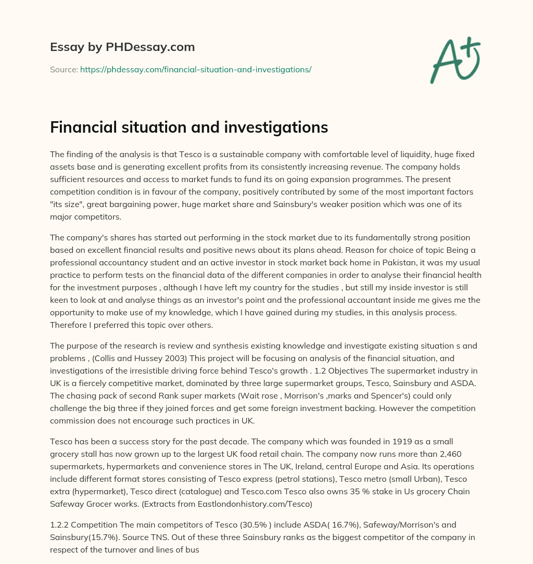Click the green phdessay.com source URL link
[196, 69]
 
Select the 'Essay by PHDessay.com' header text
[122, 47]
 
